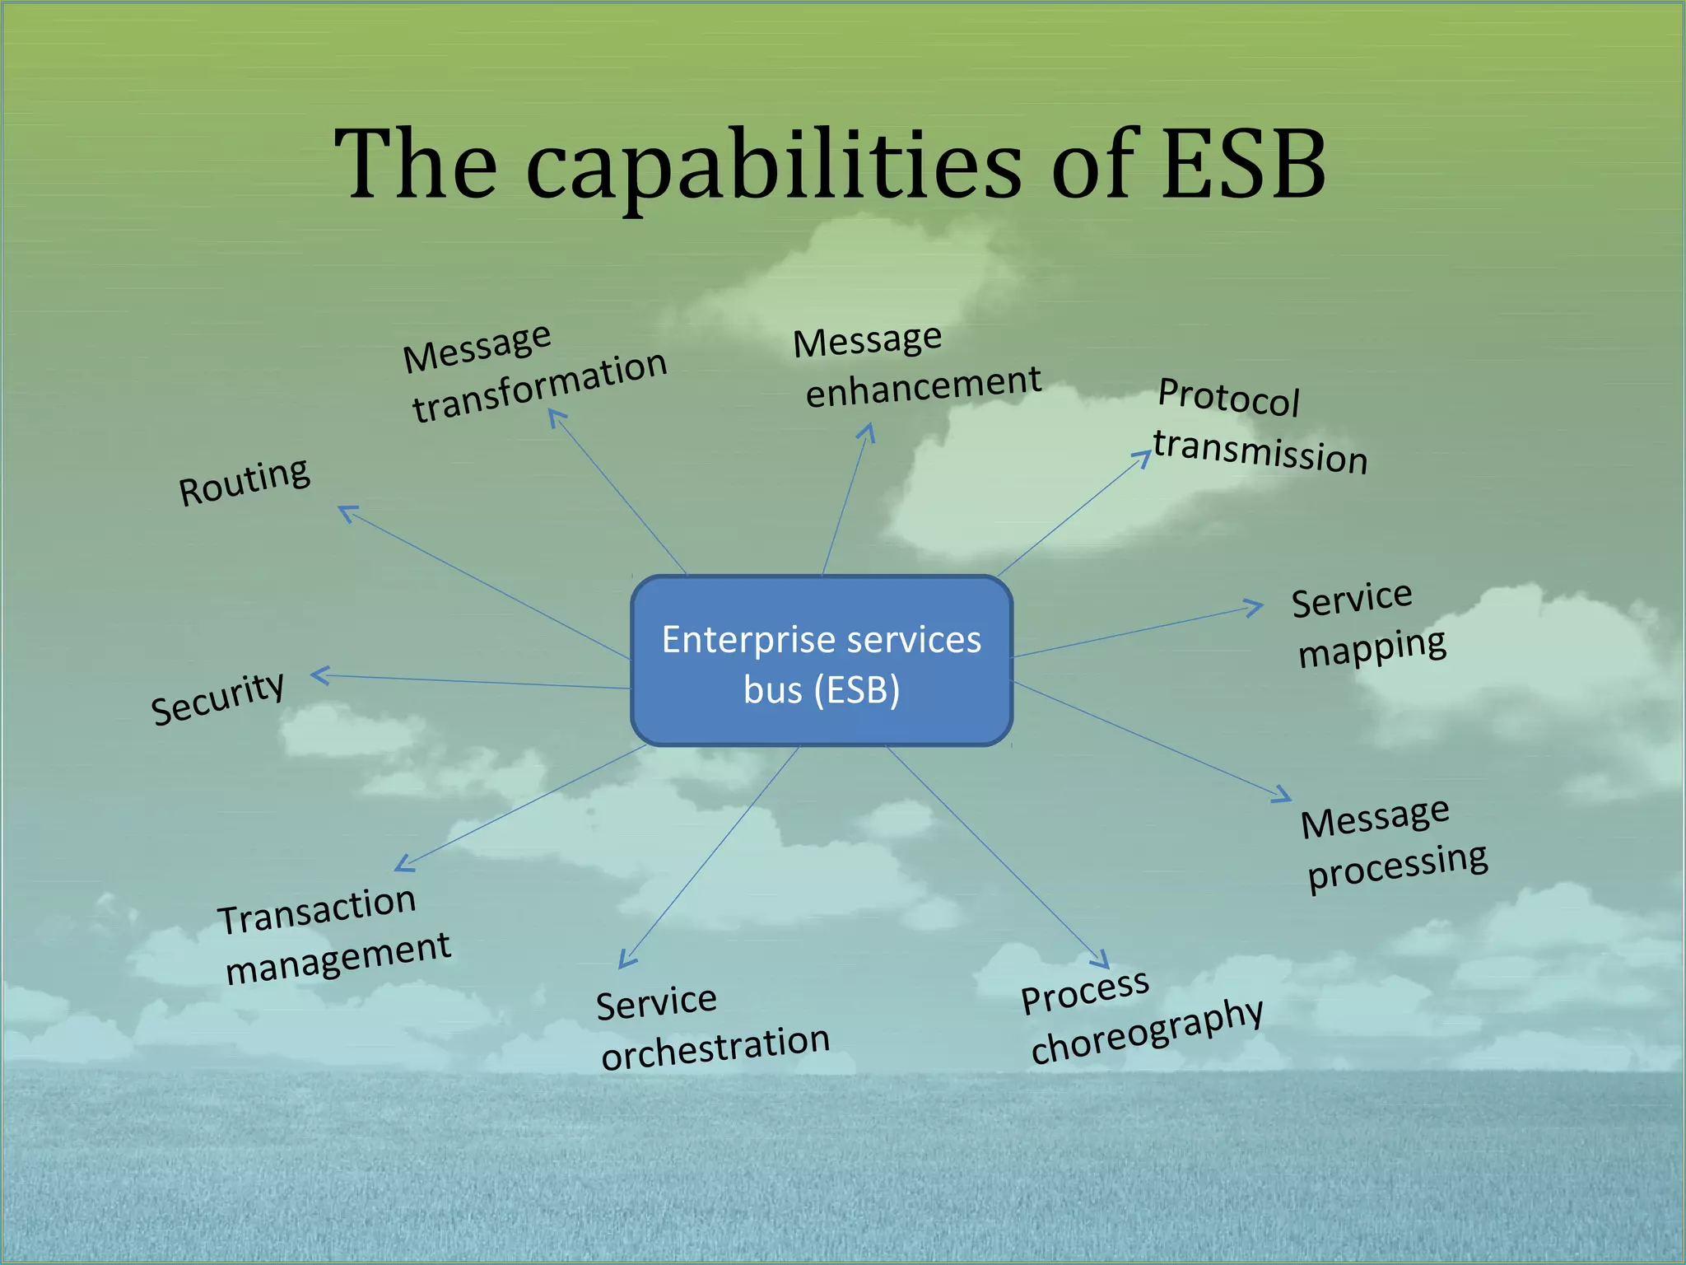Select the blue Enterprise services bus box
tap(822, 661)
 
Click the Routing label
tap(245, 482)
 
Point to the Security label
tap(218, 697)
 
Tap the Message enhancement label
tap(915, 366)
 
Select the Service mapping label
tap(1367, 623)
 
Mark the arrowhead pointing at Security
tap(319, 675)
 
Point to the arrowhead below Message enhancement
tap(868, 432)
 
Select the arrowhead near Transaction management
tap(403, 864)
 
